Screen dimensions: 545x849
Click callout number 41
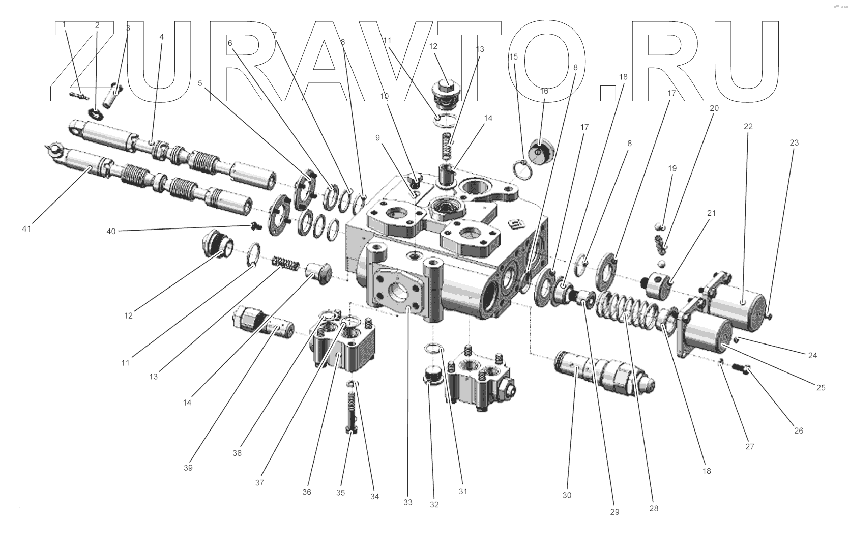coord(26,229)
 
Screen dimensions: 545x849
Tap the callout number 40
coord(111,231)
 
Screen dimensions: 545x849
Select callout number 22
coord(748,126)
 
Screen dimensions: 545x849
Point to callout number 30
coord(567,495)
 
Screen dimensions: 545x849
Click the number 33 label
coord(408,502)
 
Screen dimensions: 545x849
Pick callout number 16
coord(544,91)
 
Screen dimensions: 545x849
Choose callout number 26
coord(799,431)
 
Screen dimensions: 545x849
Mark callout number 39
coord(188,468)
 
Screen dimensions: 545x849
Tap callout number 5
coord(200,83)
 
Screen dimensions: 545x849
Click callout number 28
coord(654,508)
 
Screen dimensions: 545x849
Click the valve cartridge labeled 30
coord(603,375)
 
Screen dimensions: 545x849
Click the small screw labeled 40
coord(253,225)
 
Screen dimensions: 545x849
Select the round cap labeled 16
coord(540,152)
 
